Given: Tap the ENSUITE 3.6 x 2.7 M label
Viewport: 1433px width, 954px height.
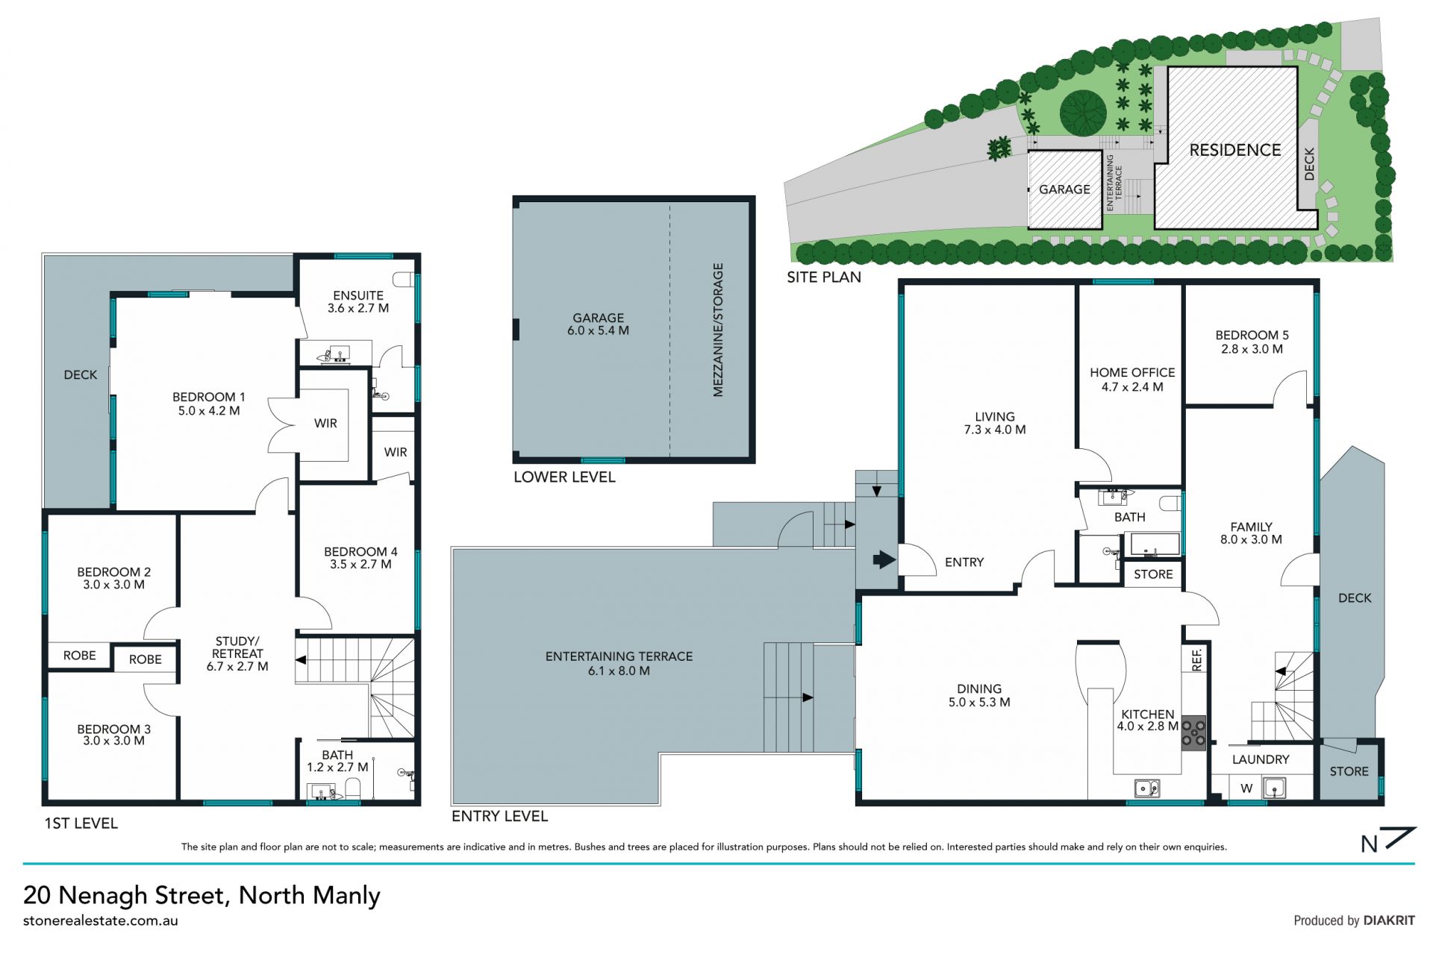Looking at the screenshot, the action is click(358, 301).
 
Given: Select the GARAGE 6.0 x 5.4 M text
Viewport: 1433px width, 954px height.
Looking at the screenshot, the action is click(598, 324).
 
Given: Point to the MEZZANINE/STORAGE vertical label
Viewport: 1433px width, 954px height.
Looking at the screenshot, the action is click(718, 330).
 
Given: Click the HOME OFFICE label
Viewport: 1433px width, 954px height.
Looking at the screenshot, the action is click(1132, 372).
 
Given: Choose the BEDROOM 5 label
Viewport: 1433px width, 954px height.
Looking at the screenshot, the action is click(1252, 335).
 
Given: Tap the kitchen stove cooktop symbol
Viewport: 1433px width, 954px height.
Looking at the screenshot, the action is click(1193, 732).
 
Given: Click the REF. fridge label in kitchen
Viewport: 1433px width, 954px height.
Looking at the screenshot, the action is click(1197, 659).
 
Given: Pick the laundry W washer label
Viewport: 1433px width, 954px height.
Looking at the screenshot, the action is click(1246, 788).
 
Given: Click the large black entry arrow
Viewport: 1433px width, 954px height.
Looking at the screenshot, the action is click(884, 559).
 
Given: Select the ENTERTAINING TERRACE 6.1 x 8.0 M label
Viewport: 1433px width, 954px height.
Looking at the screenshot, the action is click(619, 663).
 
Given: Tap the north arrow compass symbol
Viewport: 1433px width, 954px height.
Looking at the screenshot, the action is click(1387, 840).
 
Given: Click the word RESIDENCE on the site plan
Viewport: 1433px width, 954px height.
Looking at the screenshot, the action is click(1234, 150).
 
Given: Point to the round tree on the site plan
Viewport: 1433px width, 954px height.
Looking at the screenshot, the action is click(1083, 113).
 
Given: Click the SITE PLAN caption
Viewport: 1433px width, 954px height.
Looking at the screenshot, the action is click(824, 277).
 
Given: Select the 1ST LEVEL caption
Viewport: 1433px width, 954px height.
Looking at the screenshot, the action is click(81, 823).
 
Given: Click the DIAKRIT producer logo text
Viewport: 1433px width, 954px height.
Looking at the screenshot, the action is click(1389, 920).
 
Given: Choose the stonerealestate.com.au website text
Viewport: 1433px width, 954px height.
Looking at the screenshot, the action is click(101, 920).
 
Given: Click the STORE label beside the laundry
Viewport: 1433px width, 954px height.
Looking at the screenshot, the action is click(1349, 771).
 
